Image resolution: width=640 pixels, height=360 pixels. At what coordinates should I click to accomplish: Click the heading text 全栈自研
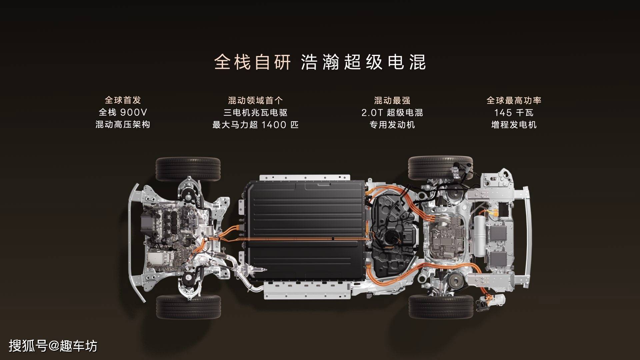(252, 62)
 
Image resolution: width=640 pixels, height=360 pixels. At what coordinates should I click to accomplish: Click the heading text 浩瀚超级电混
(364, 62)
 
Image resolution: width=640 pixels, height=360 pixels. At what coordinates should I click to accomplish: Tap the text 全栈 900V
(123, 112)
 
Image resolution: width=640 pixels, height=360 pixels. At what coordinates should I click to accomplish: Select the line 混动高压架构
(123, 125)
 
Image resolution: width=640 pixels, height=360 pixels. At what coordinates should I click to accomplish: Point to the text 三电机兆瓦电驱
(255, 112)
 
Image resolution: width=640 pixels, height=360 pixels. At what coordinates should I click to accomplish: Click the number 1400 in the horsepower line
(274, 125)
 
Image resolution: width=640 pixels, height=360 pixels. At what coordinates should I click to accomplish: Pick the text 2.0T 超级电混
(392, 112)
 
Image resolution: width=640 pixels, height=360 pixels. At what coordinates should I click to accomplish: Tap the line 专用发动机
(392, 125)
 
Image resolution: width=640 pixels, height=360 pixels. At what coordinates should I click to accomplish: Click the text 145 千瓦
(514, 112)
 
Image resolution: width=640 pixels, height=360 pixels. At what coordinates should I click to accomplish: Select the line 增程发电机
(514, 125)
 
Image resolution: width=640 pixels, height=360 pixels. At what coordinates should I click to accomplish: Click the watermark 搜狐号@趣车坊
(53, 346)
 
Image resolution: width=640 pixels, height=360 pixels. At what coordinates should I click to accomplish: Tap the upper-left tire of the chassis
(188, 169)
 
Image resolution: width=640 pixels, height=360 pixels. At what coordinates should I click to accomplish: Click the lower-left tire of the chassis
(188, 307)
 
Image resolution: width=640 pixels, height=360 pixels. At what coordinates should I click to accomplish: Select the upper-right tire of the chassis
(440, 168)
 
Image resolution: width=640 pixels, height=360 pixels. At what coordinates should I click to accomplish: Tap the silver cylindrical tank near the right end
(480, 236)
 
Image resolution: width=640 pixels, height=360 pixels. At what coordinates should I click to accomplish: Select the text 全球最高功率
(514, 100)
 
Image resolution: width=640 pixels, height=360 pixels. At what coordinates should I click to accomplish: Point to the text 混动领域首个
(255, 100)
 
